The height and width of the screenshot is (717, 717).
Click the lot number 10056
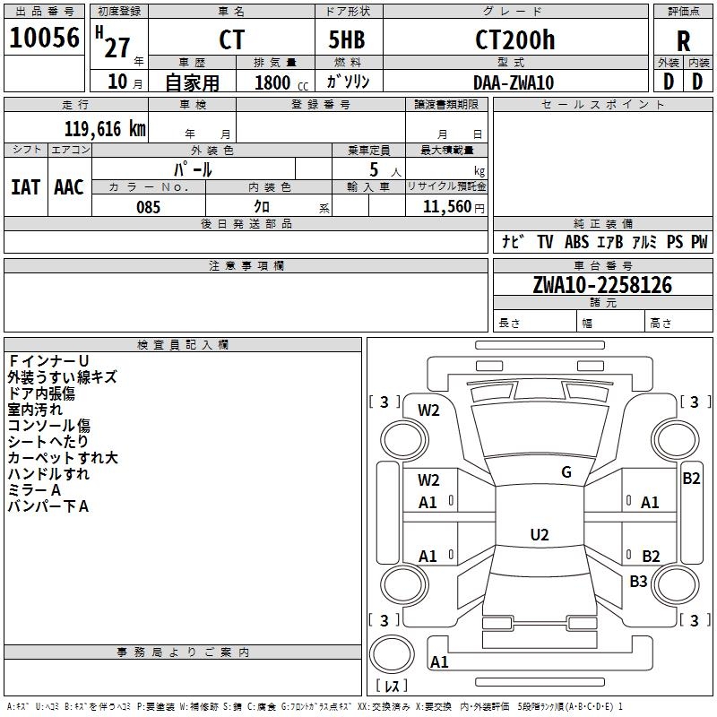coord(44,39)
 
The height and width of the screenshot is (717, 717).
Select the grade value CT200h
coord(514,40)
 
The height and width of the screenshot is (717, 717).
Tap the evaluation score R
coord(683,41)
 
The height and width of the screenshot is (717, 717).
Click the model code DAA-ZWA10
coord(514,82)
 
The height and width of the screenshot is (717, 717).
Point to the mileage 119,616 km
coord(105,128)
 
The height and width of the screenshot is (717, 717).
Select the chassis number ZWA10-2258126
coord(601,285)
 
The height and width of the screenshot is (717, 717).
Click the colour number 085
coord(149,207)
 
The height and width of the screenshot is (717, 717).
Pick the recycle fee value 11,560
coord(445,207)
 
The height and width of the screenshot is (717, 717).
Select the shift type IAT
coord(25,187)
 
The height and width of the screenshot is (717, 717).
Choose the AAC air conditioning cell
coord(69,187)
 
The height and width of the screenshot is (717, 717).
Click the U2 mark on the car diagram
coord(539,535)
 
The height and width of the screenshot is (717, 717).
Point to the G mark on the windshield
coord(566,472)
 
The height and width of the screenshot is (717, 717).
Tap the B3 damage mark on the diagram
coord(638,582)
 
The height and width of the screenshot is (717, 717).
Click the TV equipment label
coord(545,242)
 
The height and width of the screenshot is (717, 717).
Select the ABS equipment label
coord(576,242)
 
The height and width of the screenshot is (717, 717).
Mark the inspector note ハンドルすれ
coord(48,474)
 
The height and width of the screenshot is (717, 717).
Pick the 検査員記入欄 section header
coord(183,344)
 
